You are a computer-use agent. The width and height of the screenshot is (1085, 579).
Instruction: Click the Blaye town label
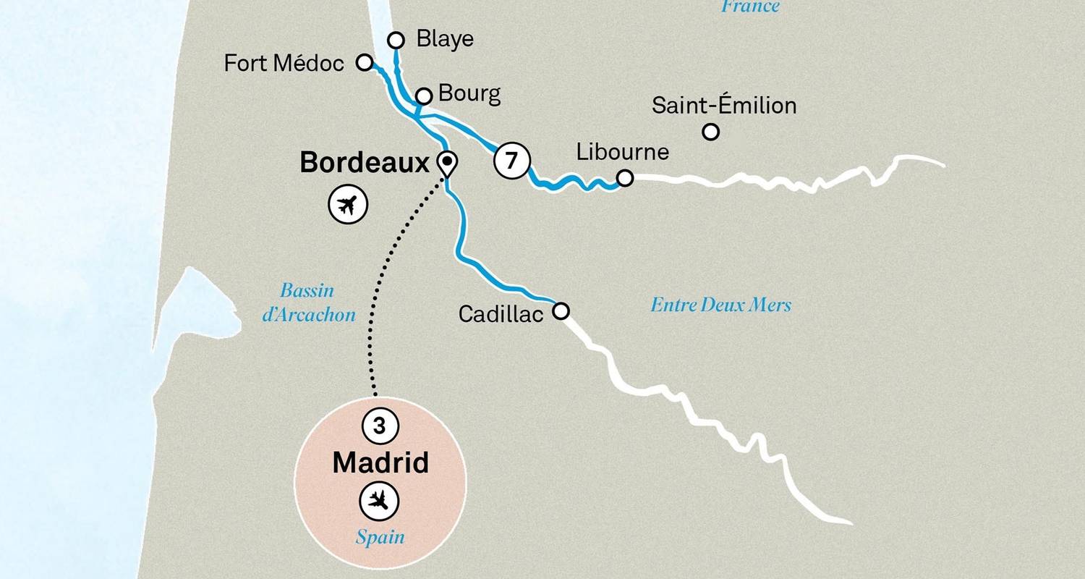445,39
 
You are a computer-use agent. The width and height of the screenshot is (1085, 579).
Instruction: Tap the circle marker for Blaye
396,40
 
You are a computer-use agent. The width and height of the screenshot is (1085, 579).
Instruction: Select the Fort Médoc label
284,64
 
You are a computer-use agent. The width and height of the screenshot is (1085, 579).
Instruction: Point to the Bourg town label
469,94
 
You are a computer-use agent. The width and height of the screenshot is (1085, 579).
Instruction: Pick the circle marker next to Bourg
425,96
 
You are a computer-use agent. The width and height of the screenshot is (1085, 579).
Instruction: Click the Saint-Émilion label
723,106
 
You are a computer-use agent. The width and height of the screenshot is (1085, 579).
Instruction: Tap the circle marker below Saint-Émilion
711,132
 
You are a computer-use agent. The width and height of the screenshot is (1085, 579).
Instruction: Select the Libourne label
622,153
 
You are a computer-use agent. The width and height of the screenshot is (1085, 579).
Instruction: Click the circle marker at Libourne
625,177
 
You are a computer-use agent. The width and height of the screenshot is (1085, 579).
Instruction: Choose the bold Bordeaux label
365,163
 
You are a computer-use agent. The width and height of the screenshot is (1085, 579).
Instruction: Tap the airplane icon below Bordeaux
348,204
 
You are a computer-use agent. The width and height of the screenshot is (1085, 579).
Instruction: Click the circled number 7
512,161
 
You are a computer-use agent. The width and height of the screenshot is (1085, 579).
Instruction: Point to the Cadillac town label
501,314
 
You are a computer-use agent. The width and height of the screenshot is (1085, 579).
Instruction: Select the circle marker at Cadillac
561,311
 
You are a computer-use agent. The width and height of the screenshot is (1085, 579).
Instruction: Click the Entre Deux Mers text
720,305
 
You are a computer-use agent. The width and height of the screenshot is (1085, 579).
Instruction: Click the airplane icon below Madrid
380,499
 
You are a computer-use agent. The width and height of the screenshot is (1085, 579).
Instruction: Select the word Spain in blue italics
380,537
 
